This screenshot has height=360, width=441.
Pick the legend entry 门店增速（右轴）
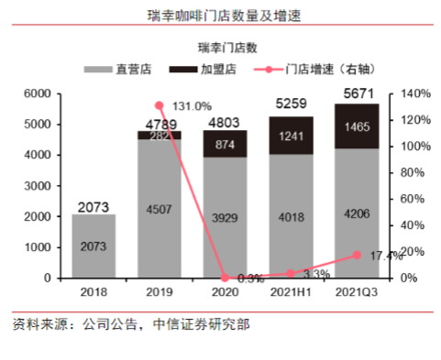coord(317,69)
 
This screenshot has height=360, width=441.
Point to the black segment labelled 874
coord(225,144)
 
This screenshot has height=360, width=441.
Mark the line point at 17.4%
coord(357,255)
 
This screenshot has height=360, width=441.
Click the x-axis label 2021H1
coord(290,291)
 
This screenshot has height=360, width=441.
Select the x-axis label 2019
coord(160,291)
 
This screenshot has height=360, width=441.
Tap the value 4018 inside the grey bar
coord(290,217)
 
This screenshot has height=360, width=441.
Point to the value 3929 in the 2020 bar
coord(225,219)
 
